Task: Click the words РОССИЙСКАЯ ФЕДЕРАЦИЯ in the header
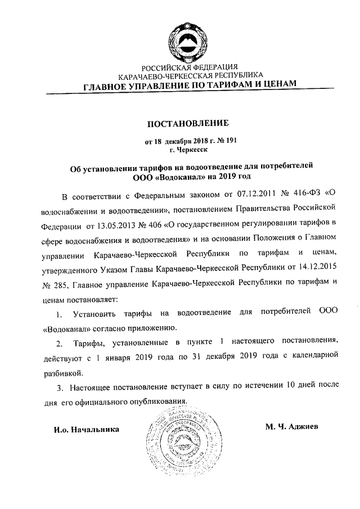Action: click(190, 67)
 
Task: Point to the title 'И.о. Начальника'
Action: click(86, 429)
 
